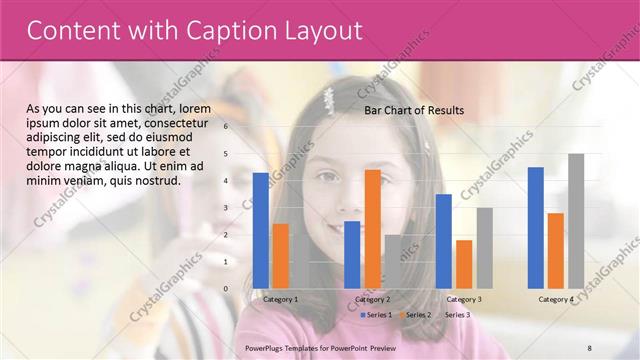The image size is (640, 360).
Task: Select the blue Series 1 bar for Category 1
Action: point(260,230)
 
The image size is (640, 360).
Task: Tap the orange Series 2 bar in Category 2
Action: point(372,228)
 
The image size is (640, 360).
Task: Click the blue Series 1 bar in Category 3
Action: point(444,240)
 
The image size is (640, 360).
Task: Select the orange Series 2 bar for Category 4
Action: point(555,250)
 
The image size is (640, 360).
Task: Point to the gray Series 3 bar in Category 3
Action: point(484,247)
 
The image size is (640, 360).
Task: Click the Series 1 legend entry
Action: point(375,315)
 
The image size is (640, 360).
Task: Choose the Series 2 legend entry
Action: point(416,315)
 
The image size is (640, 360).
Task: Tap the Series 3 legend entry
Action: point(456,315)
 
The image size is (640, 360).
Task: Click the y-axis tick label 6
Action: point(226,127)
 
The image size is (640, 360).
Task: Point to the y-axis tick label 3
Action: point(226,208)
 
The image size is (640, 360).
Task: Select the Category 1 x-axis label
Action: point(280,299)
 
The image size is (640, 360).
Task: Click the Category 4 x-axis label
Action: point(556,299)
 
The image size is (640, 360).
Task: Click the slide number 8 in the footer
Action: point(589,346)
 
